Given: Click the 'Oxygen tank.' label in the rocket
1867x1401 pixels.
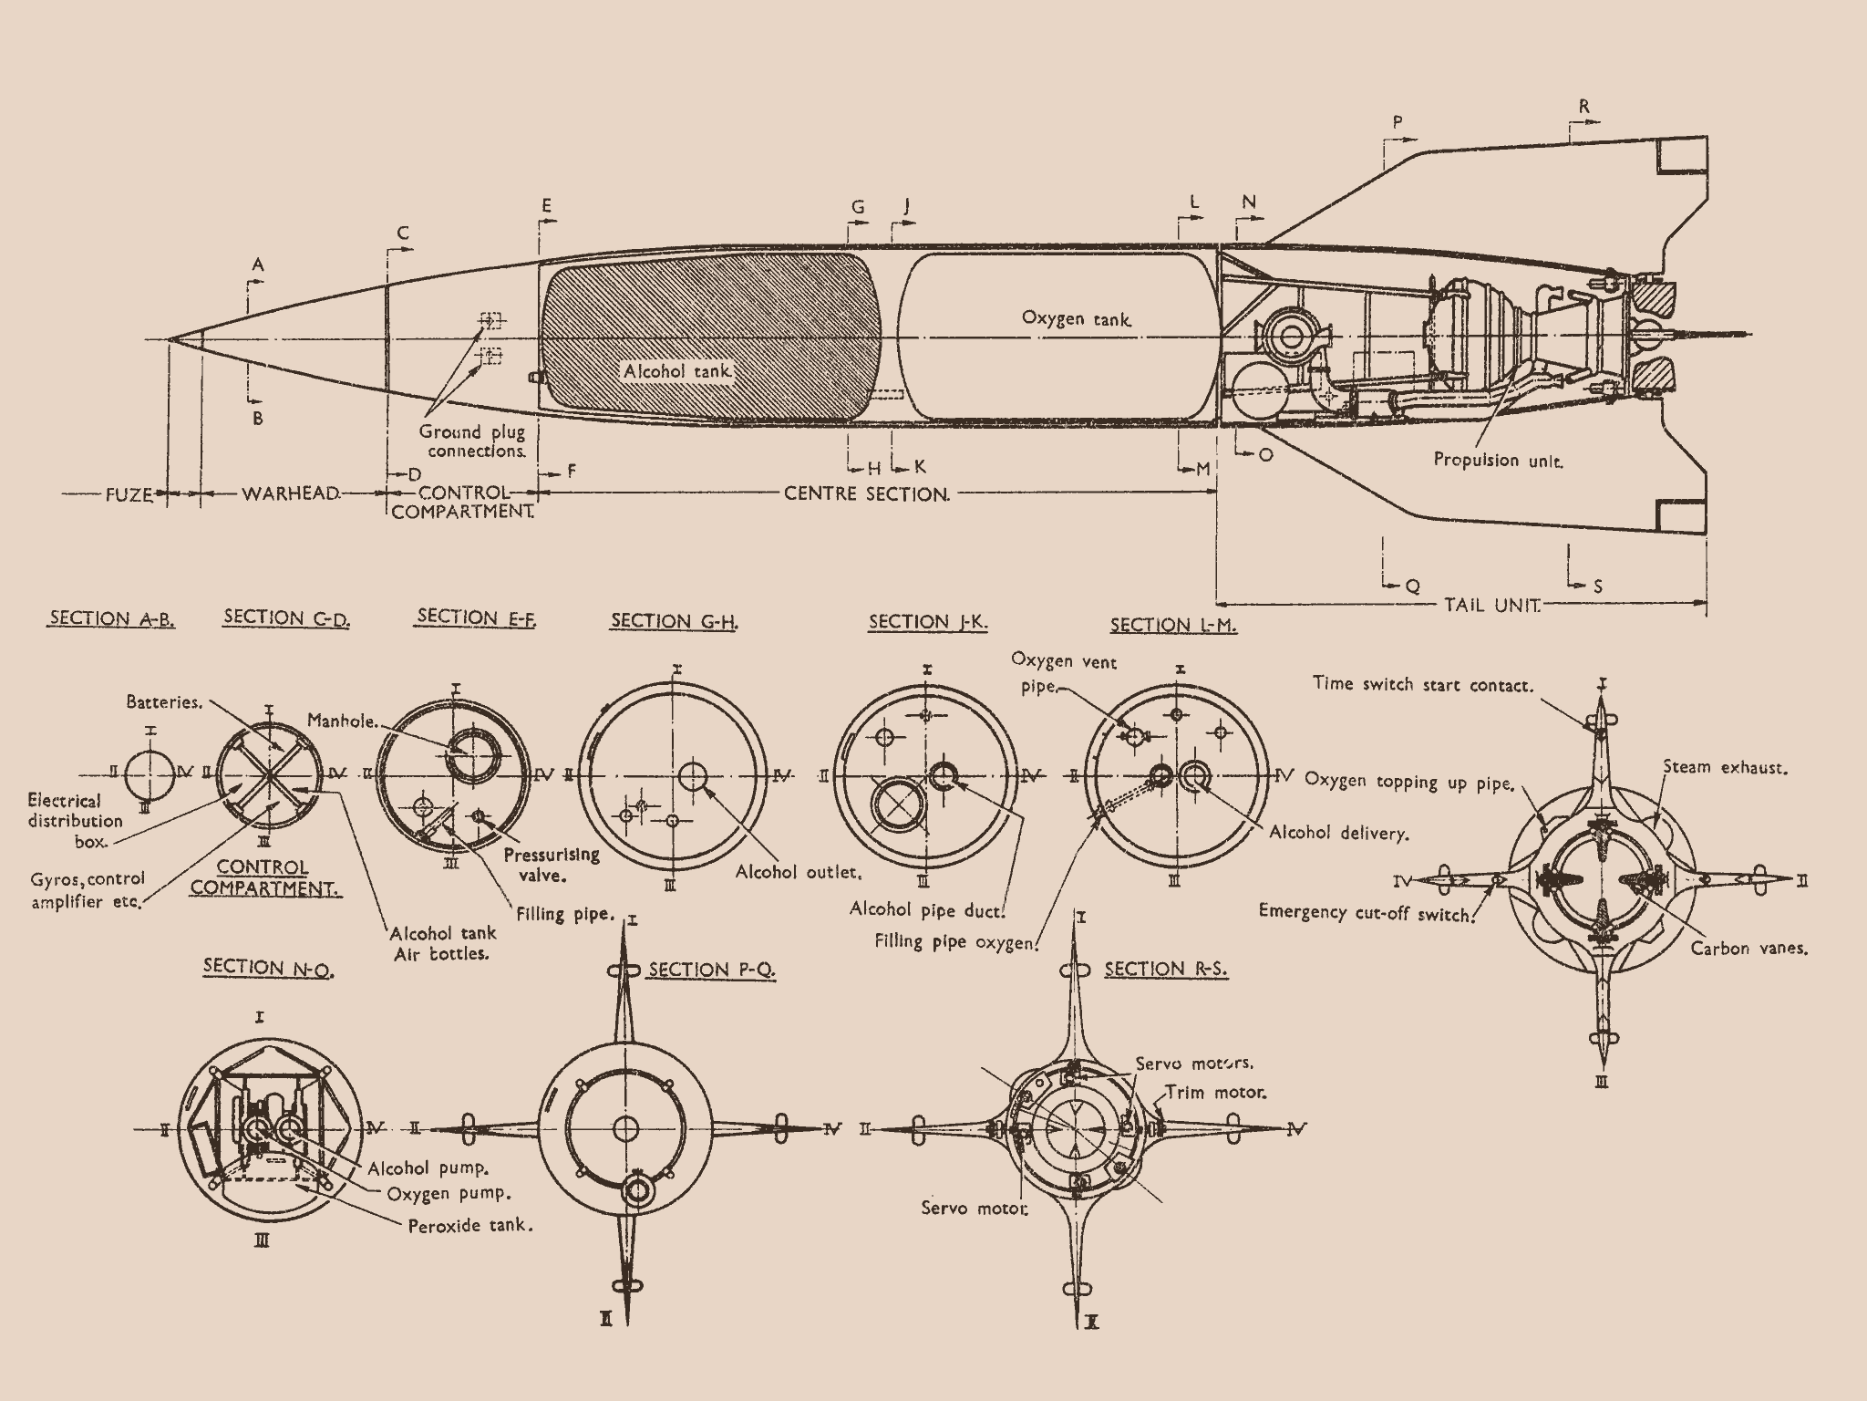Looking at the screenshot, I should (1077, 318).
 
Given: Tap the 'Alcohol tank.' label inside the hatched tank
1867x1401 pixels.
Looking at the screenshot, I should (677, 371).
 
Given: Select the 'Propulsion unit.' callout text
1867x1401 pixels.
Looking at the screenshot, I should (1498, 460).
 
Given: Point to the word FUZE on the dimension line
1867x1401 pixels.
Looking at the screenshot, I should (129, 493).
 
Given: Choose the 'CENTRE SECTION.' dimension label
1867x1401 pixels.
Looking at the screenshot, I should (867, 493).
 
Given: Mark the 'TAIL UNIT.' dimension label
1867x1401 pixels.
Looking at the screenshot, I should (1492, 604).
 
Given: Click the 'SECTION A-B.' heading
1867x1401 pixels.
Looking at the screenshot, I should (111, 618).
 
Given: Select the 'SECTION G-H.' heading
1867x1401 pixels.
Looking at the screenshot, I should (675, 621).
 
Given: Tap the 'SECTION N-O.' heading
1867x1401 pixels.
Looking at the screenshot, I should (268, 967).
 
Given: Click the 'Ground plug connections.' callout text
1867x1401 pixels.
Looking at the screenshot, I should (472, 441).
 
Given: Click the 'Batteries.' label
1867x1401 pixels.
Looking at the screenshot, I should (163, 701).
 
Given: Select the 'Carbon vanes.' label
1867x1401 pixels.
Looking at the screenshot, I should (1748, 948).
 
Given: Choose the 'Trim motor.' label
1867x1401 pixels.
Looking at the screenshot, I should (1215, 1092).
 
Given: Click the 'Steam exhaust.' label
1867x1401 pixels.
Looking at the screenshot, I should (1725, 767).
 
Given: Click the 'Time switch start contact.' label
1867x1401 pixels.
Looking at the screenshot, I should (1423, 684).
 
